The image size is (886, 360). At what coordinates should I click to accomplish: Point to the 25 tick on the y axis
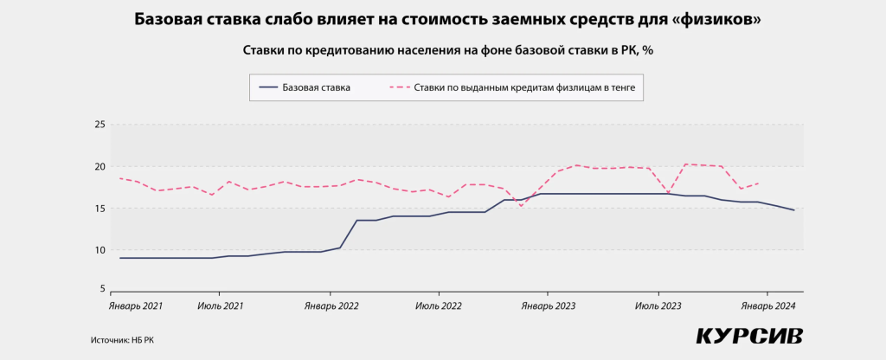point(100,125)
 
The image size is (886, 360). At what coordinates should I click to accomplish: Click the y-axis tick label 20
point(100,166)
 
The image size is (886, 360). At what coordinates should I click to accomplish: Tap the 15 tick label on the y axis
point(100,209)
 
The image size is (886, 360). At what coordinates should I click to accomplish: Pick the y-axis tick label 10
point(100,250)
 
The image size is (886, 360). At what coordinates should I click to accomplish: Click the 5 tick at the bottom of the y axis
point(102,289)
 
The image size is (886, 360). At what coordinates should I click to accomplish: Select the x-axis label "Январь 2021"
point(136,306)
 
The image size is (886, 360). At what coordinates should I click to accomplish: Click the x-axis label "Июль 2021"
point(220,306)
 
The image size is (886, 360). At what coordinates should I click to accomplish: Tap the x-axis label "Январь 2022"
point(331,306)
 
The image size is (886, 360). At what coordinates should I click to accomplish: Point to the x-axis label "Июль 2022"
point(438,306)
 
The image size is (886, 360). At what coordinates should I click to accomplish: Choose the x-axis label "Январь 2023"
point(548,306)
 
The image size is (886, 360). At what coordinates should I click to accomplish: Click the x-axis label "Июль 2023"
point(658,306)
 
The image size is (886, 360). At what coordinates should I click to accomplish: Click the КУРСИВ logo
point(749,336)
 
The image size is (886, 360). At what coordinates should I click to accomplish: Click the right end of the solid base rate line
point(794,210)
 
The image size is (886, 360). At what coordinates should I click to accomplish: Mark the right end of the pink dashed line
point(759,183)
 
